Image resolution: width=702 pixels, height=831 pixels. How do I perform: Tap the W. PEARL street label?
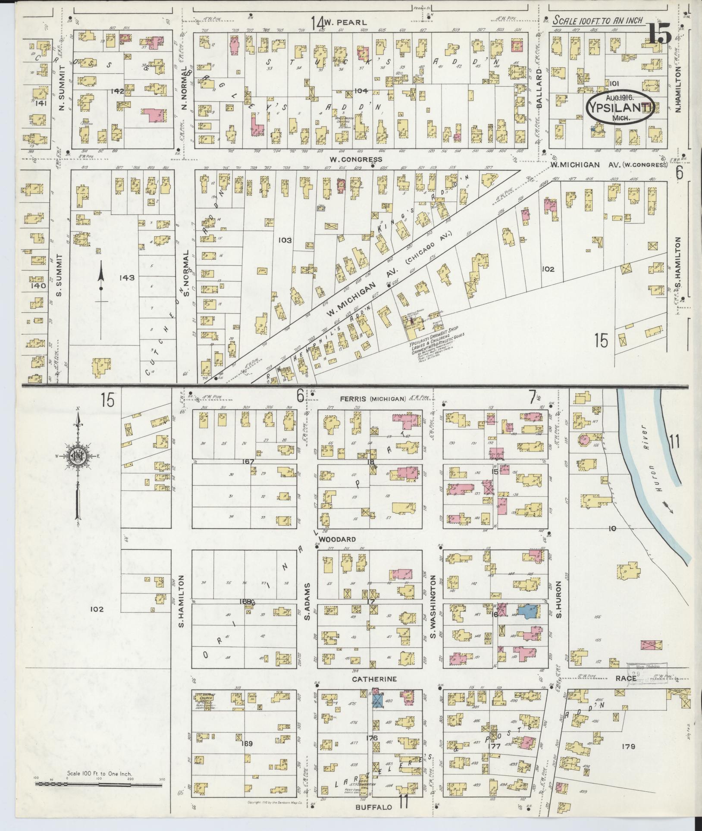click(x=345, y=22)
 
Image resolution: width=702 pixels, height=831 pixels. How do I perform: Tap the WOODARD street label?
click(x=337, y=539)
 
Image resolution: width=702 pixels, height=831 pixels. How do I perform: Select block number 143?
click(x=127, y=278)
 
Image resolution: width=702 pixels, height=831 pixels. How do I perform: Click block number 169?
click(x=247, y=743)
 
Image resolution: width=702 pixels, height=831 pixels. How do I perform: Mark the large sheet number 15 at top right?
click(x=658, y=35)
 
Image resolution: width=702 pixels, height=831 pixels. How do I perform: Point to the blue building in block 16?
click(x=526, y=611)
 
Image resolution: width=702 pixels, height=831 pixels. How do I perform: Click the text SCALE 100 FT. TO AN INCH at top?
click(x=598, y=21)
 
